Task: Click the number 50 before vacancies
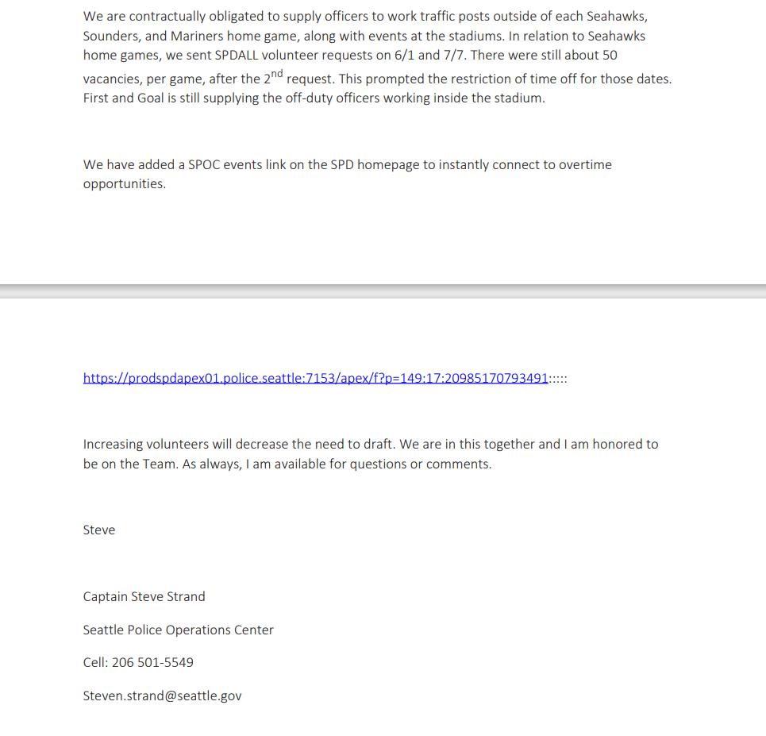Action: (610, 56)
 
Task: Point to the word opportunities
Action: (124, 184)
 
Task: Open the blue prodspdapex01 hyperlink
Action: (315, 379)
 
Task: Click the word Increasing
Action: (116, 445)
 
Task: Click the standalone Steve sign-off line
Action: (99, 530)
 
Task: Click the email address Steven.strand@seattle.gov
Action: (162, 696)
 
